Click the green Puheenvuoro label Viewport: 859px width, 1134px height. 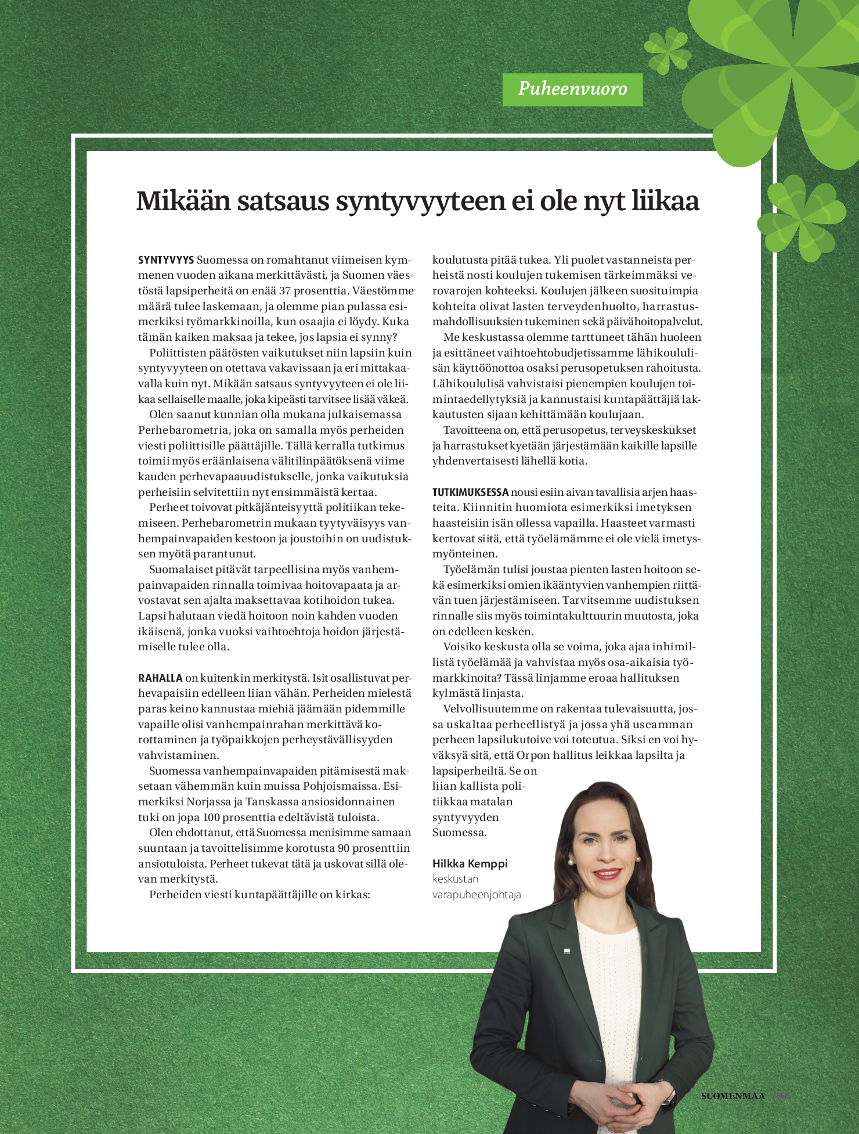click(x=572, y=89)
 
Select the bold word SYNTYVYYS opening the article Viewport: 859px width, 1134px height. click(x=166, y=260)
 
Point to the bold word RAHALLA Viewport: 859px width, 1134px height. click(x=160, y=678)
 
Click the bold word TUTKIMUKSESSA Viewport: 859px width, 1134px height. click(x=470, y=492)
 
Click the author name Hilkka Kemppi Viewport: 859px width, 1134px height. click(x=470, y=863)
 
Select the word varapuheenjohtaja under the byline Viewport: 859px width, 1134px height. click(x=477, y=895)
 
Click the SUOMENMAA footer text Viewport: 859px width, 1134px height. click(x=733, y=1096)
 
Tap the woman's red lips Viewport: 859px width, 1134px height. click(x=607, y=873)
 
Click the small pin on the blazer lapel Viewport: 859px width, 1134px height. click(x=568, y=951)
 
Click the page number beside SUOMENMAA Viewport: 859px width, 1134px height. click(x=781, y=1096)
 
